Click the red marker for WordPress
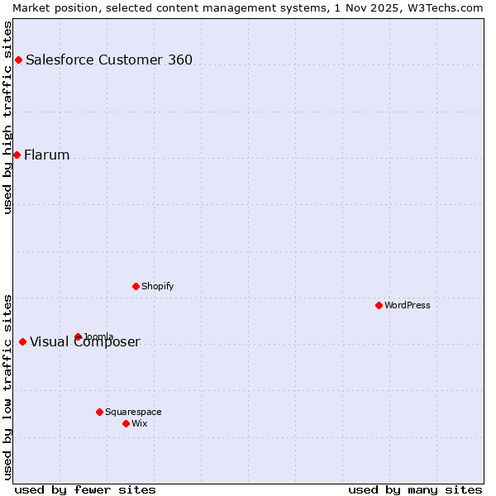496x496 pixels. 379,305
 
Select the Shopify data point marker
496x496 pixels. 136,286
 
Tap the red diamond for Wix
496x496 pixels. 126,423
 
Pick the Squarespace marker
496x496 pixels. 99,412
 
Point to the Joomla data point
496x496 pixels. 78,336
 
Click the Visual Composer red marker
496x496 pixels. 22,341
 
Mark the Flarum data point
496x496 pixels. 17,155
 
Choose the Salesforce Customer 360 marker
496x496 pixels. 18,60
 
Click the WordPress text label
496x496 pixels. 408,305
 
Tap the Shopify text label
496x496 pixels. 157,286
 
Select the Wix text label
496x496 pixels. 140,423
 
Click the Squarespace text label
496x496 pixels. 133,412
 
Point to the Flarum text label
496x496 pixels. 46,155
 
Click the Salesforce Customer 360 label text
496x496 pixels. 109,60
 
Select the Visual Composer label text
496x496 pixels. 85,342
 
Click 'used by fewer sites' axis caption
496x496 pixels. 85,489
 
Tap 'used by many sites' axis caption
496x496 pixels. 415,489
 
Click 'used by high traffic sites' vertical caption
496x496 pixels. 7,117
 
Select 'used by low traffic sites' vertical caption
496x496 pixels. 7,386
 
